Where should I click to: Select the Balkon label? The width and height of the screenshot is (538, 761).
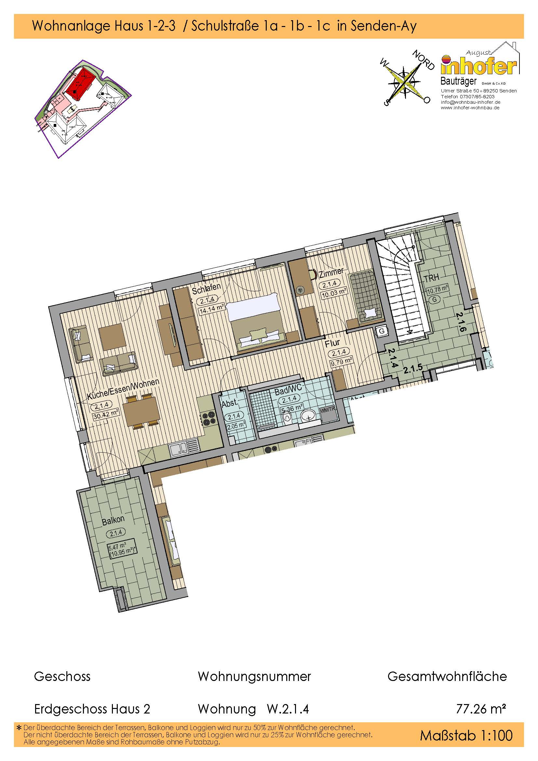(x=113, y=520)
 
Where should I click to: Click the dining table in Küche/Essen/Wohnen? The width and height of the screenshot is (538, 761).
(x=141, y=411)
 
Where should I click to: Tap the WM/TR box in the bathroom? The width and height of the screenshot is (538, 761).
(x=327, y=410)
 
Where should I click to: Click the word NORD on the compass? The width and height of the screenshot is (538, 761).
(x=423, y=60)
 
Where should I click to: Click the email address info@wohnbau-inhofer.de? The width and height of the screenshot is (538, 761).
(x=470, y=102)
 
